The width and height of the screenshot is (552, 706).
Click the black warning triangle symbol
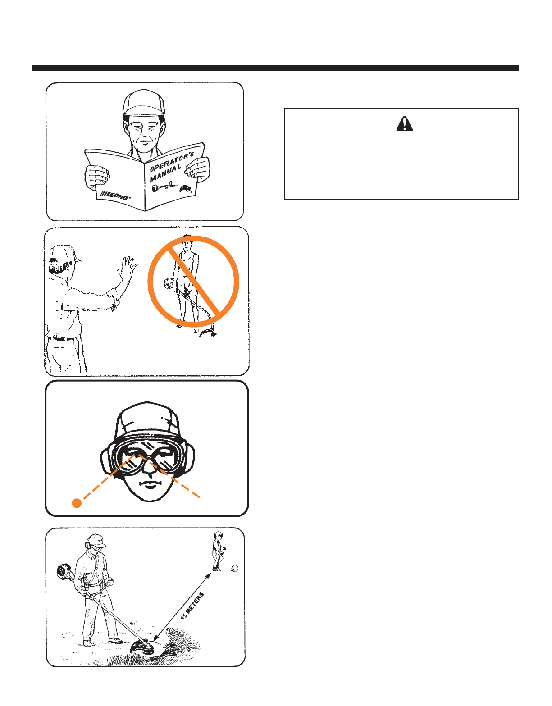coord(405,124)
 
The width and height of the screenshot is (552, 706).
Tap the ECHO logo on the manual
coord(116,195)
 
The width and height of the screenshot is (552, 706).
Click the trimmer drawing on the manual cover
coord(171,188)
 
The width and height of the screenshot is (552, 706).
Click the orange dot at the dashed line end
coord(77,503)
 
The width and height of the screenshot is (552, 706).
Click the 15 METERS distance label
coord(192,606)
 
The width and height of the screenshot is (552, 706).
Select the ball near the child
coord(235,568)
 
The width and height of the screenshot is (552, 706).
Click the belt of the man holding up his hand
coord(62,339)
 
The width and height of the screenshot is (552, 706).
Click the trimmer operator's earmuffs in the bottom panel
coord(87,546)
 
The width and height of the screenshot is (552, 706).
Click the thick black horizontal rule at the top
coord(275,68)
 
